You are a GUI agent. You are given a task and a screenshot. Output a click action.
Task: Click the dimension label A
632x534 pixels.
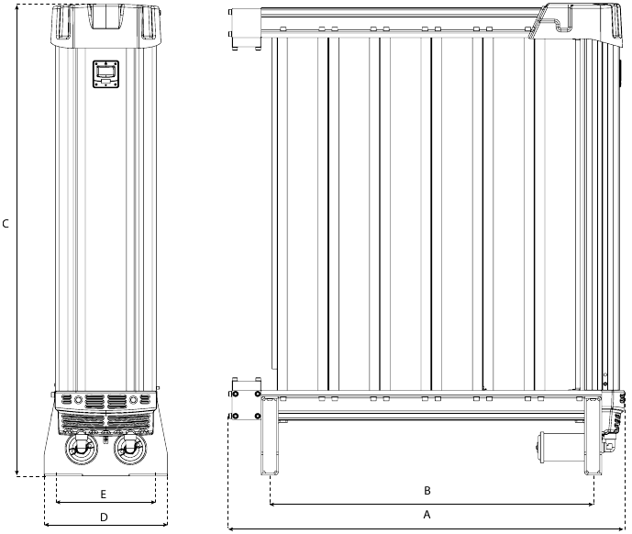pyautogui.click(x=427, y=515)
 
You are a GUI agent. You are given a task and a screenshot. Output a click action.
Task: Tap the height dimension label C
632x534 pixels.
pyautogui.click(x=6, y=224)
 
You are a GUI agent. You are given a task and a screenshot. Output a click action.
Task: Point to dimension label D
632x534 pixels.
pyautogui.click(x=104, y=517)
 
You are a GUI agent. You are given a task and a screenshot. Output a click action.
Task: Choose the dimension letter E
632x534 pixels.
pyautogui.click(x=104, y=494)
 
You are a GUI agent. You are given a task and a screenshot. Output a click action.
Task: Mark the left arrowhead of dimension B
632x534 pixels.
pyautogui.click(x=273, y=504)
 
